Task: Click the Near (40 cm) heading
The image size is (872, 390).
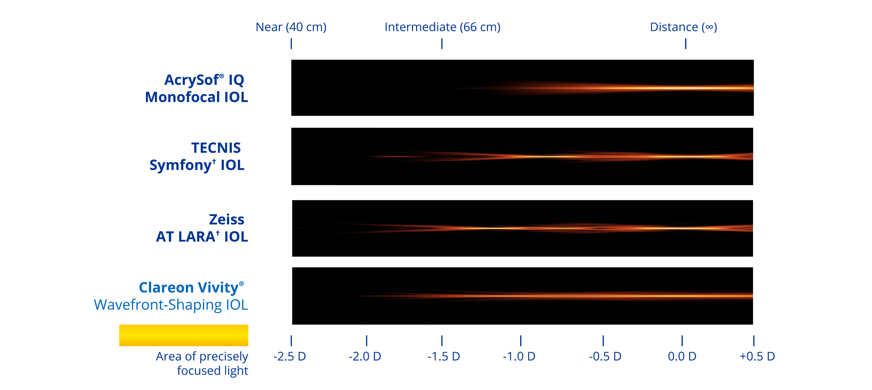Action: pos(291,27)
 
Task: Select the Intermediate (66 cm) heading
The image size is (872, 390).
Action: pos(442,27)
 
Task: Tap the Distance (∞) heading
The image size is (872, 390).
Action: pos(683,27)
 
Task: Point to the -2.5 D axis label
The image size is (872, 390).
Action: pos(290,356)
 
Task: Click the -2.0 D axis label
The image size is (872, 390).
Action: pos(365,356)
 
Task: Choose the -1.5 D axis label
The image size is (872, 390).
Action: pos(443,356)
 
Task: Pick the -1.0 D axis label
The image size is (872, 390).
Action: pos(519,356)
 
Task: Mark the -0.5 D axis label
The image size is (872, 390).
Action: pos(605,356)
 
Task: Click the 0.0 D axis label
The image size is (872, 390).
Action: pos(682,356)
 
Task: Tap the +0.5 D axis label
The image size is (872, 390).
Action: pos(757,356)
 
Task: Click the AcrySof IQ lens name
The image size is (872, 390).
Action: pos(204,80)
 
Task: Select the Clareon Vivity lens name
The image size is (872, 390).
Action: pos(191,287)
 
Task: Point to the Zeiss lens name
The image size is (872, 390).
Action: pos(226,219)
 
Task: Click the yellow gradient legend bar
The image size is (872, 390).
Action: pos(184,335)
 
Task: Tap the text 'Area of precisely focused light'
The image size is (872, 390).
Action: pos(202,363)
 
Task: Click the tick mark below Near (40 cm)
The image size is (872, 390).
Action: pos(291,44)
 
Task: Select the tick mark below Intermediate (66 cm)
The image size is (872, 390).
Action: pos(442,44)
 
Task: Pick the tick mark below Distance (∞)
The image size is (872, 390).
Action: pos(686,44)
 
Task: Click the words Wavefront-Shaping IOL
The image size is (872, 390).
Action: pos(171,305)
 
